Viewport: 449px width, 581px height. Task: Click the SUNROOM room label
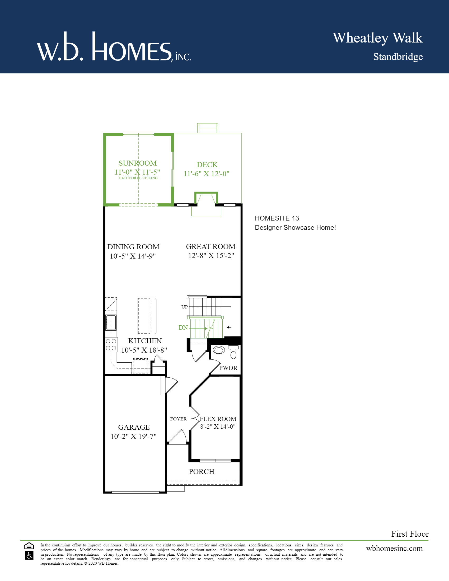tap(138, 163)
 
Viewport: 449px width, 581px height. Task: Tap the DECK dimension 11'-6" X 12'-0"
tap(207, 174)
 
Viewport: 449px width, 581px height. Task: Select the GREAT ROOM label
tap(211, 247)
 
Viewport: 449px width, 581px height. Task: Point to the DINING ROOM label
tap(133, 247)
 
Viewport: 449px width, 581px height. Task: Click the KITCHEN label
tap(145, 341)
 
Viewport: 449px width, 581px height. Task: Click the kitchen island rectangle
tap(147, 316)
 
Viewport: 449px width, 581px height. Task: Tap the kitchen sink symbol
tap(111, 322)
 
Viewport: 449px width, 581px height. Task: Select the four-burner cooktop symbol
tap(111, 344)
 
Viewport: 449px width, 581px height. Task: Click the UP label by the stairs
tap(184, 307)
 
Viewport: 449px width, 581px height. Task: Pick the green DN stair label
tap(183, 328)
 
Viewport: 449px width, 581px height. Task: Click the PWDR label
tap(228, 368)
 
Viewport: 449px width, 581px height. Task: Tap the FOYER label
tap(178, 419)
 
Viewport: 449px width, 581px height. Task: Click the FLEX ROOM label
tap(218, 419)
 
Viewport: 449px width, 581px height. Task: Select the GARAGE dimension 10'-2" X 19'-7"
tap(134, 437)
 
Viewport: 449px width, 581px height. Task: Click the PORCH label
tap(201, 472)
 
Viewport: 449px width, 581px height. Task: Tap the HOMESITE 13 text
tap(277, 218)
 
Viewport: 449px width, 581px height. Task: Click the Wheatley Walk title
tap(377, 38)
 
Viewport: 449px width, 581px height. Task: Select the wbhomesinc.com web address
tap(394, 549)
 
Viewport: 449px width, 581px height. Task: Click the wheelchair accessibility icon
tap(29, 555)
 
